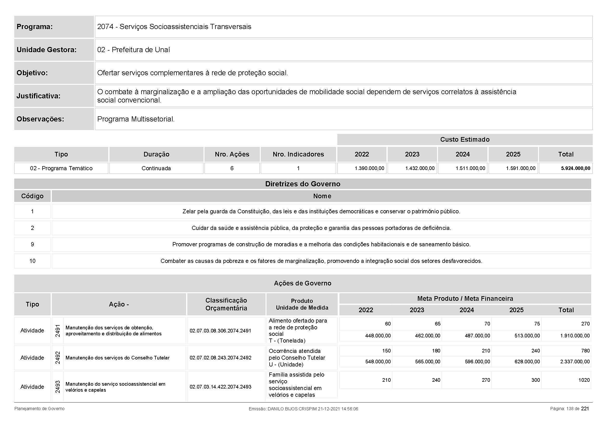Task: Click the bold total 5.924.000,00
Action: pos(575,168)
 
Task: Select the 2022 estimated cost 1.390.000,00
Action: pos(369,168)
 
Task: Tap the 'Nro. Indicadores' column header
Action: pos(298,154)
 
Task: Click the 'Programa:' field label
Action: pos(35,27)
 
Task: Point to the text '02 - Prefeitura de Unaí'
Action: pos(133,50)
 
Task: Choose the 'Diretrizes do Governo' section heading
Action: pos(302,184)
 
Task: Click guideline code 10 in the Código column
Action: pos(32,261)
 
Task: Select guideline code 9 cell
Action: pos(32,244)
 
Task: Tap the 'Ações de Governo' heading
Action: pos(302,283)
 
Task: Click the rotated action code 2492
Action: pos(58,358)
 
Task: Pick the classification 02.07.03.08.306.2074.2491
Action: pos(220,331)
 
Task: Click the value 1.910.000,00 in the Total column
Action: pos(575,336)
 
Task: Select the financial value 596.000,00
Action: pos(477,362)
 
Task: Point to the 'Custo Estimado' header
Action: pos(465,140)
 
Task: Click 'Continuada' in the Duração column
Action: pos(156,168)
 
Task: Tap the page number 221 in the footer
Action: pos(585,409)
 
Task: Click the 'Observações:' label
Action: pos(40,119)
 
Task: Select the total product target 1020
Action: pos(584,380)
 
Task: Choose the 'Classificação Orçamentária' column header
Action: pos(226,304)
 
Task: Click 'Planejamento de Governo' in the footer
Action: pos(39,409)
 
